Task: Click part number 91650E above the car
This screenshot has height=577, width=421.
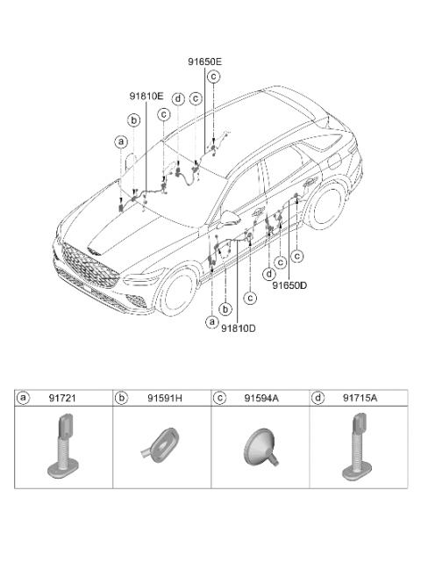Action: [x=205, y=61]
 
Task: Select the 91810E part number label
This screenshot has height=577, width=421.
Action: [x=146, y=97]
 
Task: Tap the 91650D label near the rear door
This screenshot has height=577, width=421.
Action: [x=289, y=285]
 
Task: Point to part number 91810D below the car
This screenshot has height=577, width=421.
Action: [x=238, y=328]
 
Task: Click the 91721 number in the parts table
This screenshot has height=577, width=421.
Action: [x=62, y=398]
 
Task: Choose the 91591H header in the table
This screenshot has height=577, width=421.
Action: [x=165, y=398]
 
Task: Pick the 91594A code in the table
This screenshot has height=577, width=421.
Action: [x=262, y=398]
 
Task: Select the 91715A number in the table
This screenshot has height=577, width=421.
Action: [x=360, y=398]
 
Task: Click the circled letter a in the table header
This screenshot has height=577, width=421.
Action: [x=23, y=398]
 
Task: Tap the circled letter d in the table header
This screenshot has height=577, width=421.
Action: [x=318, y=398]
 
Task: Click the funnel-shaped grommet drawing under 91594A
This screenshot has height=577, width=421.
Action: [x=260, y=446]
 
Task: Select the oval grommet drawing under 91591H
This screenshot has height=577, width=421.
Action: [x=160, y=444]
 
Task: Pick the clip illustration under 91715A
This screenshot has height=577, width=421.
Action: [x=357, y=447]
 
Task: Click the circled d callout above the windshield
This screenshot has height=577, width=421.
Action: [x=178, y=99]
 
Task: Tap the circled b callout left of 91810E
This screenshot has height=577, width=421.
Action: [x=133, y=120]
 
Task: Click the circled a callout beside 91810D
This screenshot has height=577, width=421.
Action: [x=211, y=322]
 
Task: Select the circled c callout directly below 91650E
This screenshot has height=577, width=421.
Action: [x=213, y=76]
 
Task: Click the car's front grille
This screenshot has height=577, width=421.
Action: [x=89, y=266]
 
